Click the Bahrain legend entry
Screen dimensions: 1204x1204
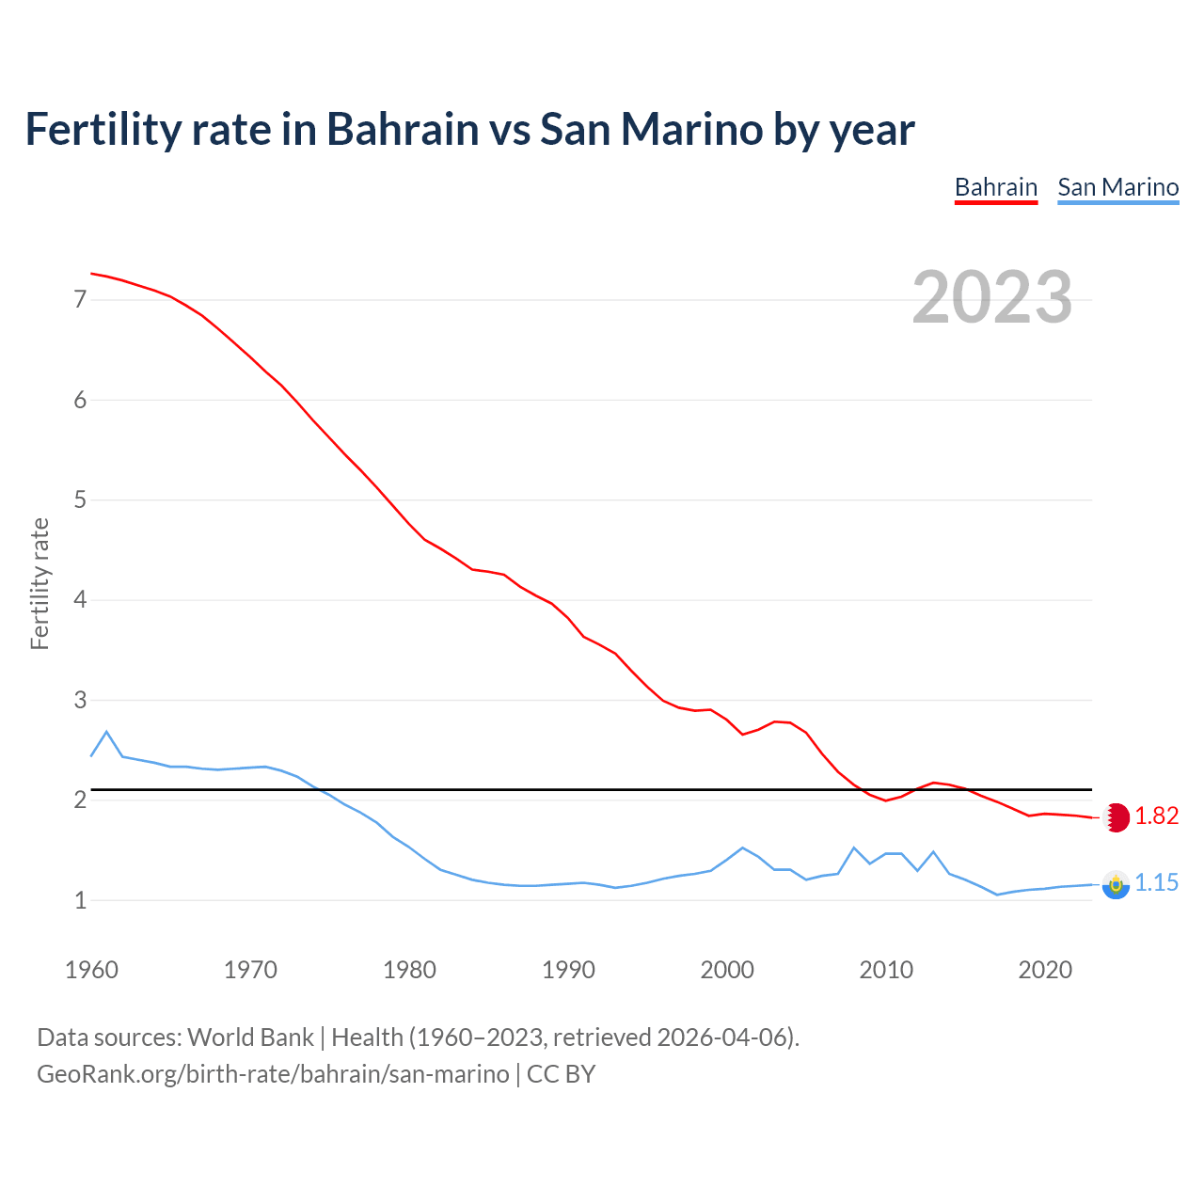[995, 187]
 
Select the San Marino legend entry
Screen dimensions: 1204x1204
[1117, 187]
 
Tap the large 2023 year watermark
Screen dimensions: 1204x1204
[992, 297]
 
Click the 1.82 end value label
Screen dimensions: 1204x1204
[1156, 816]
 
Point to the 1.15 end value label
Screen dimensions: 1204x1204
[1156, 882]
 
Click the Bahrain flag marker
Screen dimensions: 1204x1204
[1116, 817]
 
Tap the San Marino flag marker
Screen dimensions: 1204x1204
[1116, 884]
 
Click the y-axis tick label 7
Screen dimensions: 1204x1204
[80, 299]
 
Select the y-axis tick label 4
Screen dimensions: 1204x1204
[80, 599]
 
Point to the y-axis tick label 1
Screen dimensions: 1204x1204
[80, 900]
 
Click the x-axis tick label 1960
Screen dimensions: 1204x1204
[91, 970]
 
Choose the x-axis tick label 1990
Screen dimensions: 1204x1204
[568, 970]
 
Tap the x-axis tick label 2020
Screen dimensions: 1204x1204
[1045, 970]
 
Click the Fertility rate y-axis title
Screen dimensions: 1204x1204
[40, 583]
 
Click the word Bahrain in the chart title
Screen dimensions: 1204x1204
[403, 129]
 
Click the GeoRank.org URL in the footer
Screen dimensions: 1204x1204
[273, 1074]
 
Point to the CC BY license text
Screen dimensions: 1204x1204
[561, 1074]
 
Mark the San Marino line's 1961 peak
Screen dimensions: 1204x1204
[106, 731]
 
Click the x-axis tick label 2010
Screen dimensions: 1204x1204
[886, 970]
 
